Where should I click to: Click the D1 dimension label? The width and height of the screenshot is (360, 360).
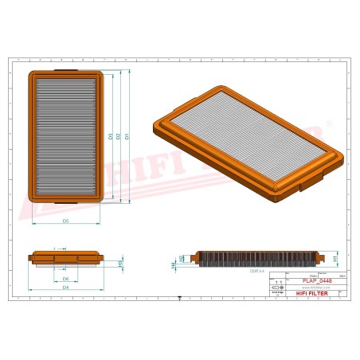127,138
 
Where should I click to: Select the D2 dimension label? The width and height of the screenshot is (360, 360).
119,138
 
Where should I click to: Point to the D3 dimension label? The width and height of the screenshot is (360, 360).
110,138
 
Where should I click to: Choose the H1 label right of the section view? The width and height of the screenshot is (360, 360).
335,260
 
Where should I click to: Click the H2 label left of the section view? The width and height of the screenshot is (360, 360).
182,258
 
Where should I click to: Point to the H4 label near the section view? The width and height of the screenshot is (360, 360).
174,264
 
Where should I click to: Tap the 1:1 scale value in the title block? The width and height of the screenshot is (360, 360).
278,282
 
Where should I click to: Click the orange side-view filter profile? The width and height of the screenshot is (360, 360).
66,259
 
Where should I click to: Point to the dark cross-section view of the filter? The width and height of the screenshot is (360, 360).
255,259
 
